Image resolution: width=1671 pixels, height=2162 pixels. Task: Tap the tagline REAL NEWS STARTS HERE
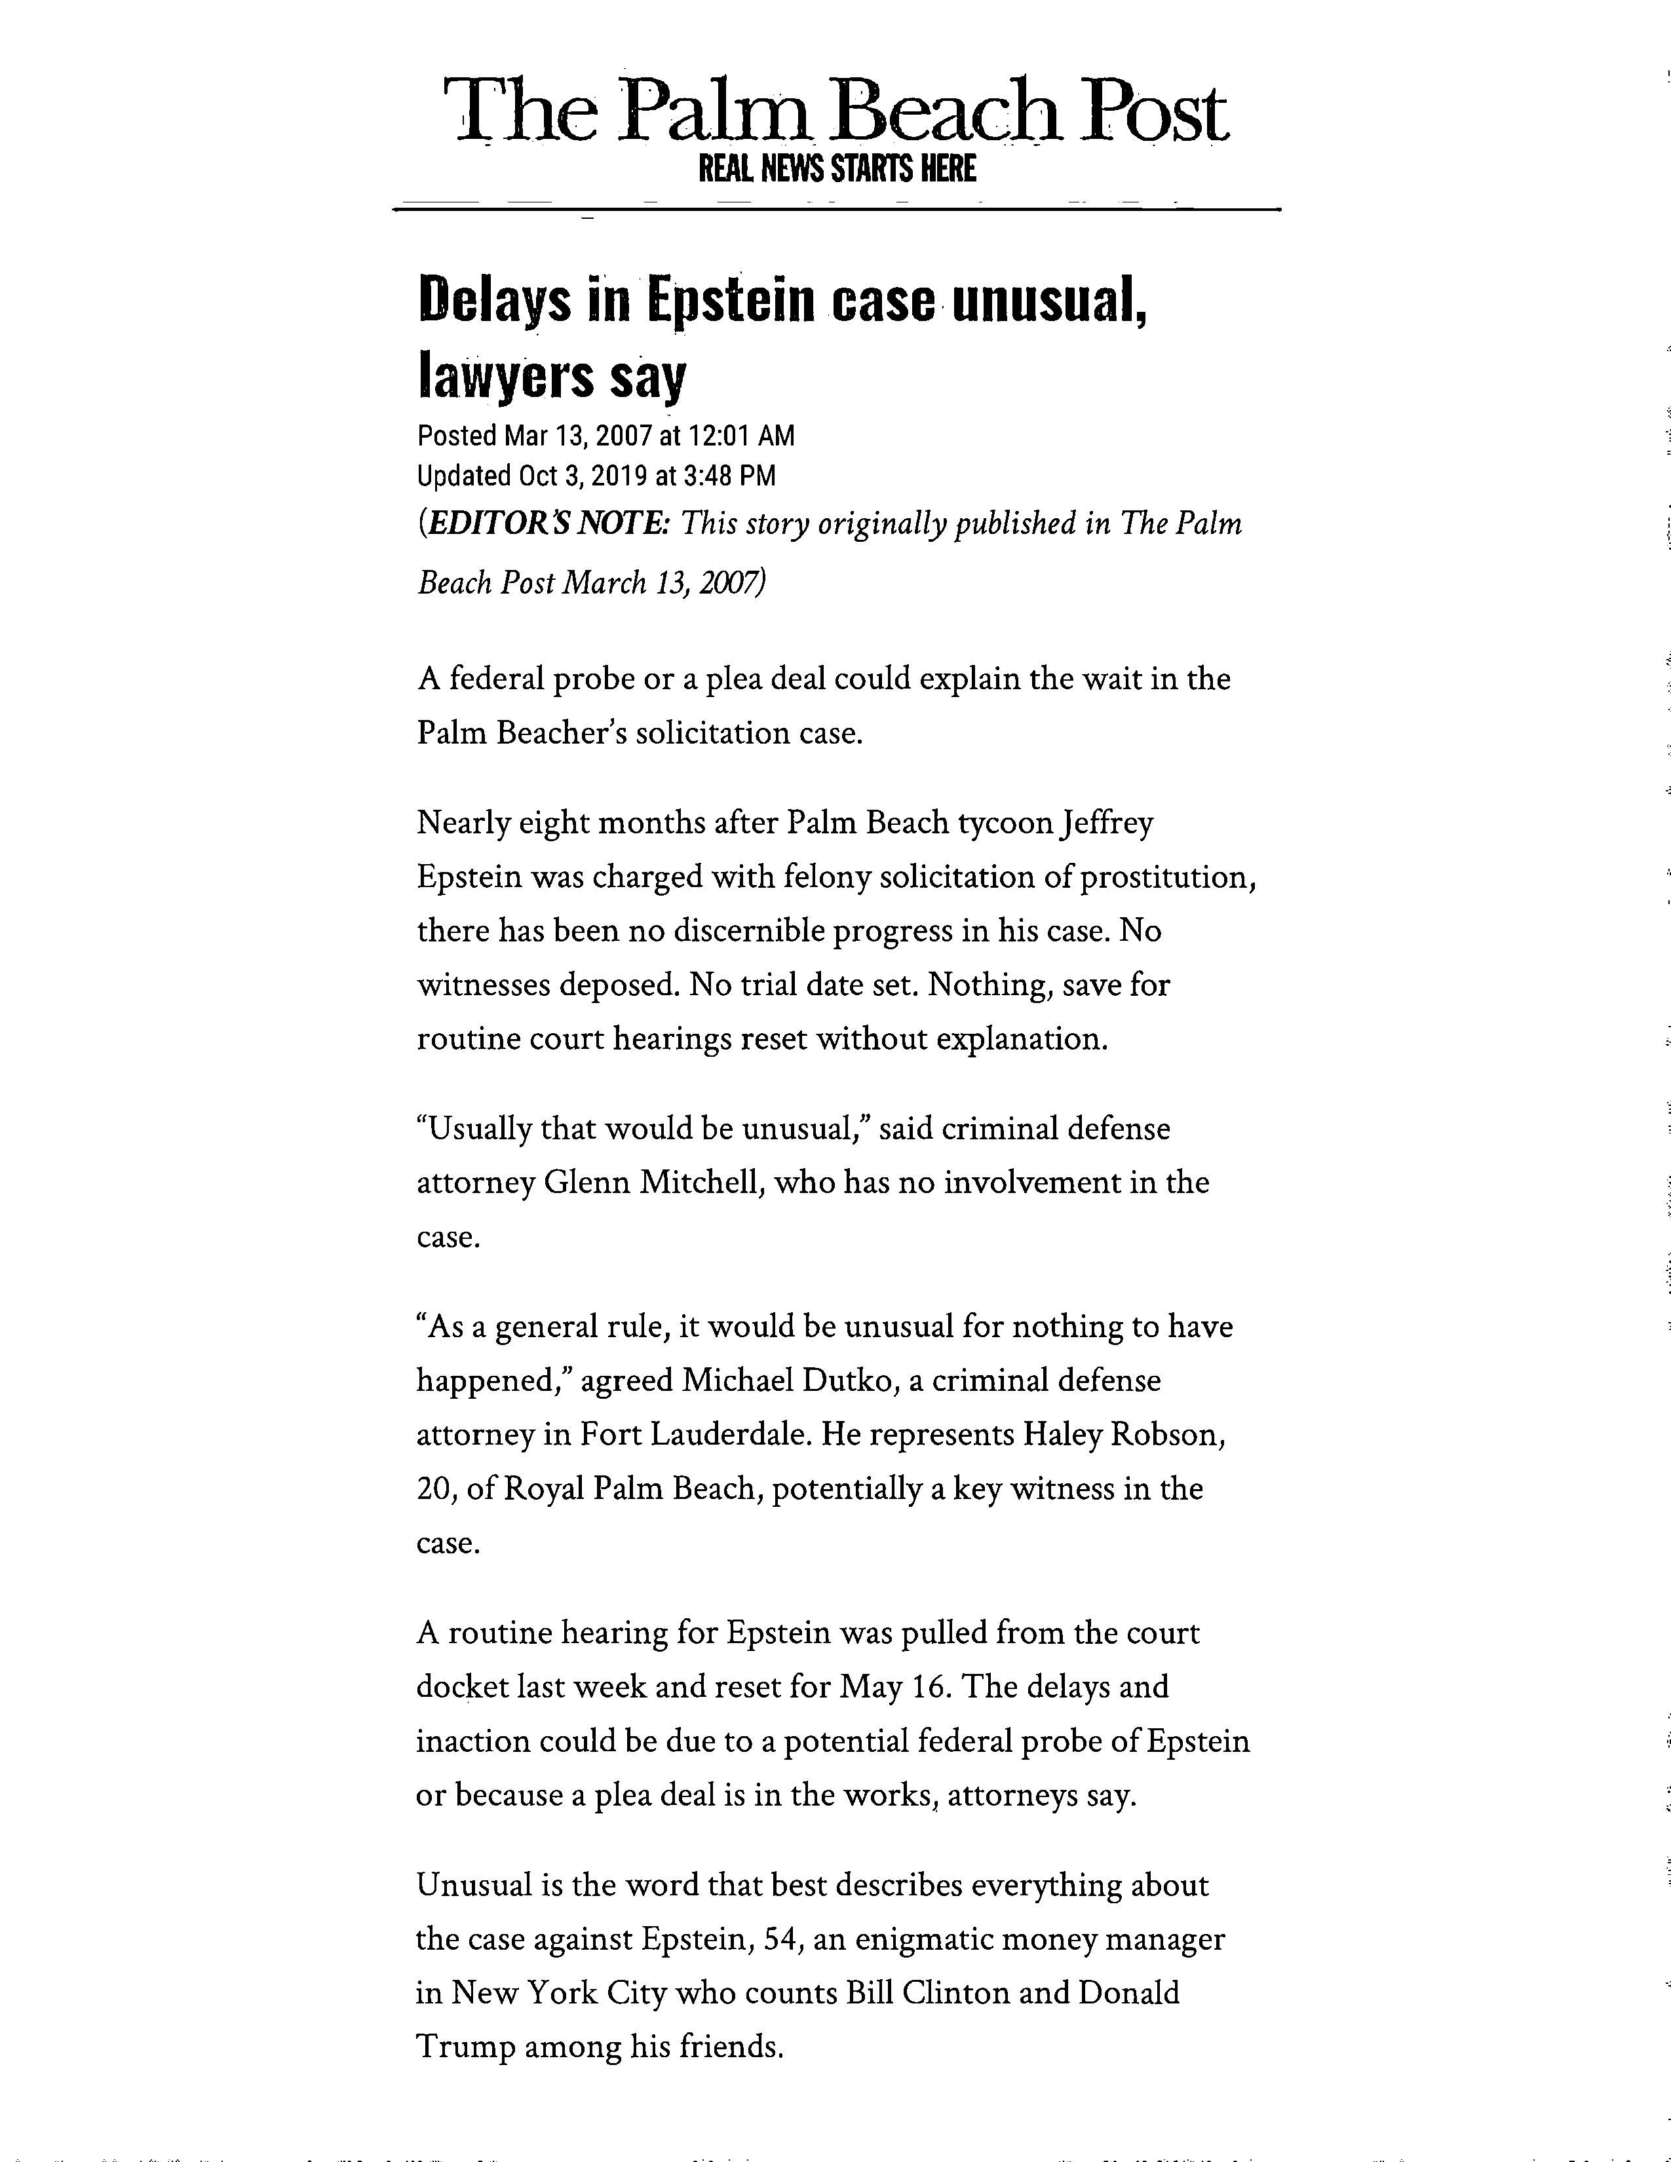[837, 169]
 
